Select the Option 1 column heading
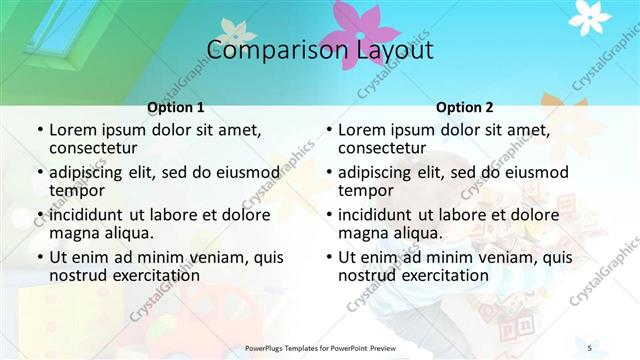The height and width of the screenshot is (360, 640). click(x=176, y=107)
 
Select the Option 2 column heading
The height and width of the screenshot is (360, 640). click(x=465, y=107)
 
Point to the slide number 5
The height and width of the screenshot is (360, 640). click(x=590, y=347)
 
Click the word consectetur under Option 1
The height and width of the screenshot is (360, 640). click(x=94, y=148)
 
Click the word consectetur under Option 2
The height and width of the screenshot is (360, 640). click(x=383, y=148)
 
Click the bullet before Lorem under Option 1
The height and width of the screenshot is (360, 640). click(x=39, y=131)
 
